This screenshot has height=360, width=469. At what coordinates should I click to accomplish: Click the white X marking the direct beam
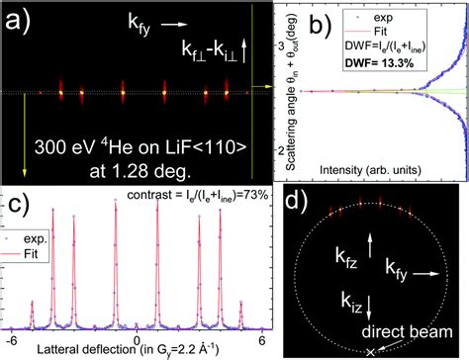370,351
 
